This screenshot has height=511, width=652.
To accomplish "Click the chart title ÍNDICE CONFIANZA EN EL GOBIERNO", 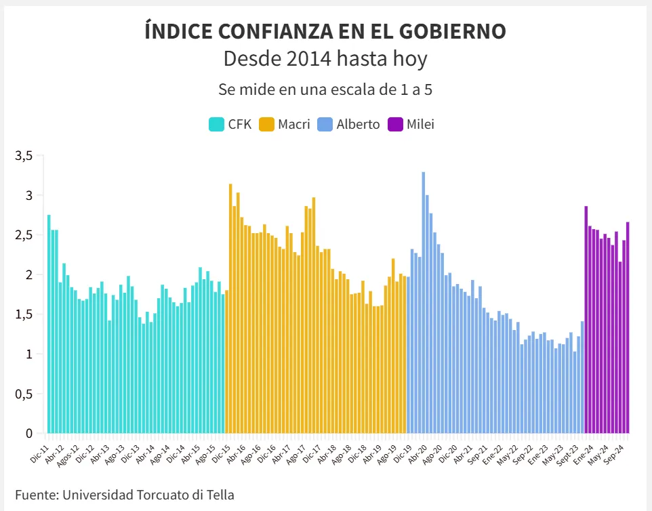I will (325, 30).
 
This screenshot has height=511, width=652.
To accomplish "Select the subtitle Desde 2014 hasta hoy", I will (325, 59).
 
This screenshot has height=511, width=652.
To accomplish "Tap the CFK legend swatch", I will (216, 124).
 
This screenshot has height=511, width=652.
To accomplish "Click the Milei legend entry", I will (420, 124).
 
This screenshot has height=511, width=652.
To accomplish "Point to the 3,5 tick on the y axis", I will (24, 156).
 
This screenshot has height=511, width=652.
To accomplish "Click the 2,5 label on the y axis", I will (24, 235).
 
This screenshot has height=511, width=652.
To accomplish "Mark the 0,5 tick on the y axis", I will (24, 394).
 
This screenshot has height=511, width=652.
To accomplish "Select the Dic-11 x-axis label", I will (39, 453).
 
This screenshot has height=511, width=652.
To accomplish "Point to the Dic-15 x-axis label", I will (220, 453).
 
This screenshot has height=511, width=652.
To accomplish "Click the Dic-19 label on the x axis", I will (402, 453).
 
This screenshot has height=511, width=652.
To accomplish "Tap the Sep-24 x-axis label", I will (614, 453).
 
